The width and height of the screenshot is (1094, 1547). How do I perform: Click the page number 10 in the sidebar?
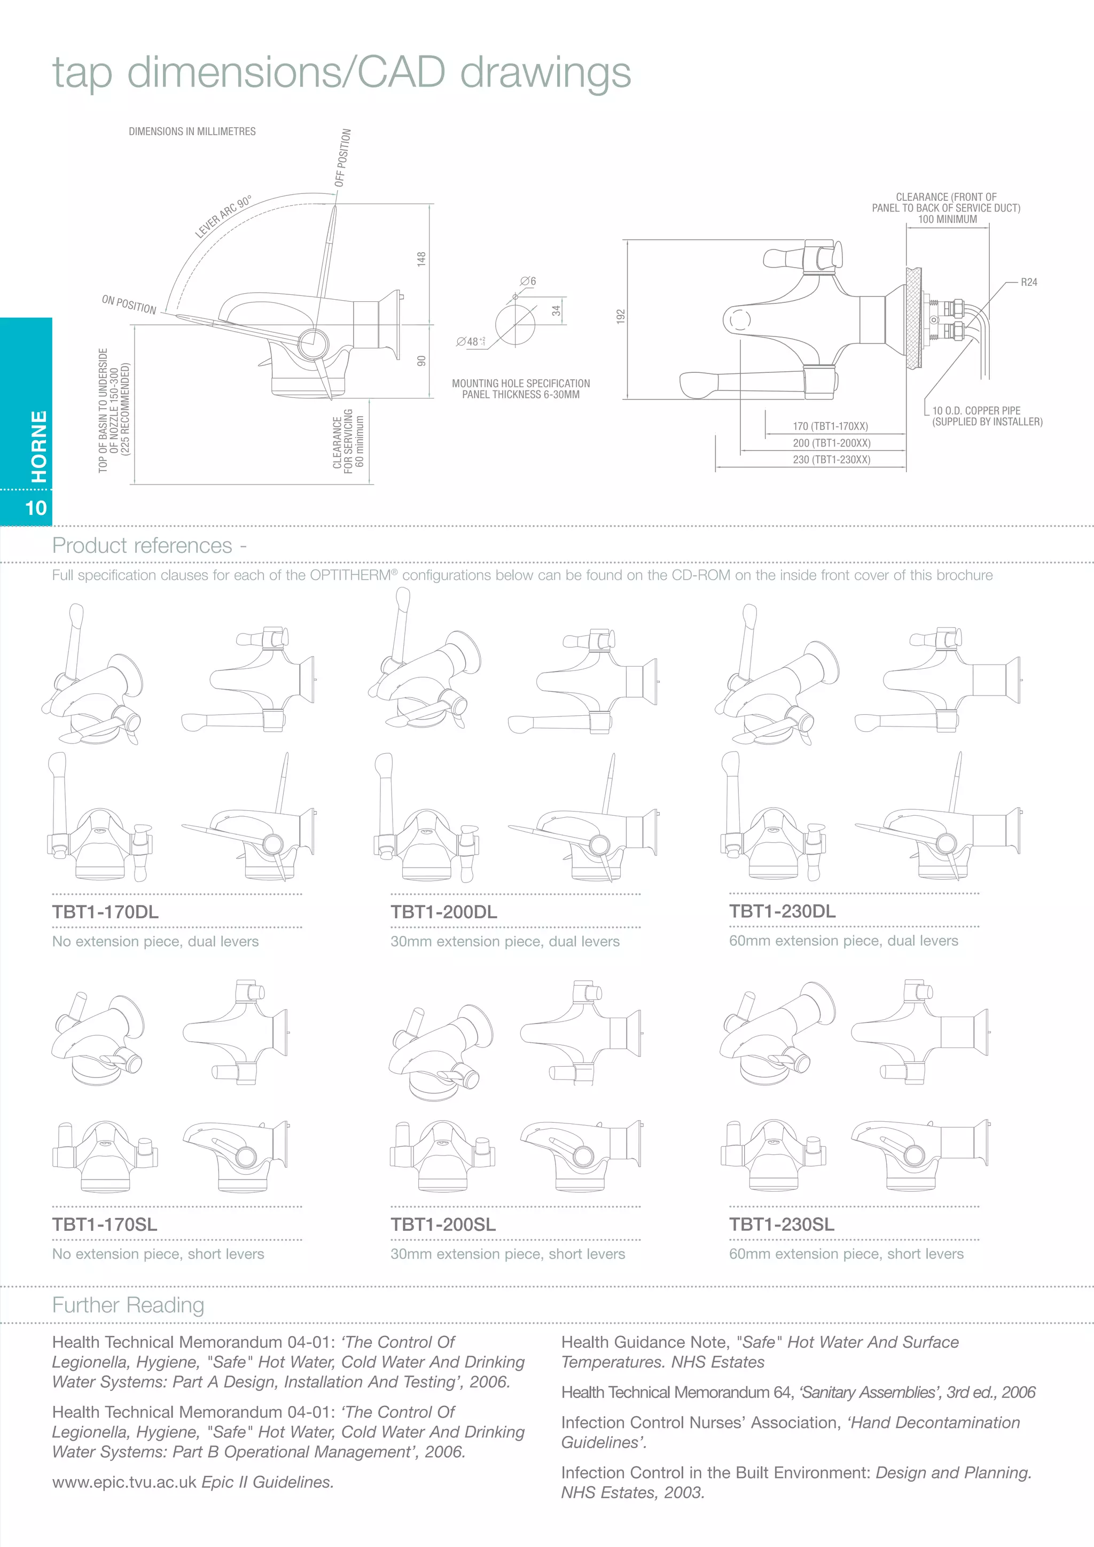click(x=36, y=507)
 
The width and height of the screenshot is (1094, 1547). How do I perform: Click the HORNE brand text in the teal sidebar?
click(x=39, y=447)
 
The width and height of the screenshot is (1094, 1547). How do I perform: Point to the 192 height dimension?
click(x=620, y=316)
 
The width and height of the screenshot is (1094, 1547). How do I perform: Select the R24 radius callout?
click(x=1029, y=282)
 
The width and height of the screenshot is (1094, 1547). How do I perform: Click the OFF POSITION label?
click(x=343, y=158)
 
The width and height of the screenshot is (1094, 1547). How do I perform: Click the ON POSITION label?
click(x=129, y=304)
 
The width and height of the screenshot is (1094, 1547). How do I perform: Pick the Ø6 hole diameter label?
click(x=528, y=281)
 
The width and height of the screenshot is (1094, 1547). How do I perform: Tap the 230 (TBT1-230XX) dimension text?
click(x=831, y=459)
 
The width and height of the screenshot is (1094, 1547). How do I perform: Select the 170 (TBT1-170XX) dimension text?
click(x=830, y=426)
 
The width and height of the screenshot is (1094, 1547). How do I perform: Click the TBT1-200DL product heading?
click(x=443, y=912)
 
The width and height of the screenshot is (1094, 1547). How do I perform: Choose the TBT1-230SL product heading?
click(x=782, y=1224)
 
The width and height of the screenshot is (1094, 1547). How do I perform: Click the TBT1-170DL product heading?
click(x=105, y=912)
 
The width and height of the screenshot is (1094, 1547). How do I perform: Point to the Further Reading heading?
click(x=128, y=1305)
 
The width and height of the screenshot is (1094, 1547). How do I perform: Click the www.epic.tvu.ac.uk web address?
click(x=124, y=1482)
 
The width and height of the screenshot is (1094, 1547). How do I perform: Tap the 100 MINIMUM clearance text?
click(x=947, y=219)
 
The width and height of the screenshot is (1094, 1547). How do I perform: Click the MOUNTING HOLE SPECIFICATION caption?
click(x=521, y=384)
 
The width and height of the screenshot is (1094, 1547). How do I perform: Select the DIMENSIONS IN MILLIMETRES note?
click(x=192, y=131)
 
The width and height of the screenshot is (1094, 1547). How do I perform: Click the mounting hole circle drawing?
click(x=515, y=324)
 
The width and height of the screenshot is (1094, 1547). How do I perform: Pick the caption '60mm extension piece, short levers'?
click(x=846, y=1254)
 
